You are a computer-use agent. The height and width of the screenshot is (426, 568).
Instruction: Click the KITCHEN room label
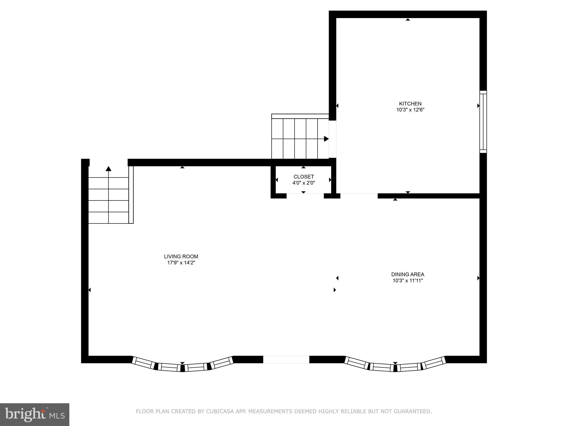coord(410,104)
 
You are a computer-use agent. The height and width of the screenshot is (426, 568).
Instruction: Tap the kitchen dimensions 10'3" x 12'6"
coord(410,110)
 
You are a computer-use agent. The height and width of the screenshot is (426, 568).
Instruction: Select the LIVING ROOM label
coord(181,257)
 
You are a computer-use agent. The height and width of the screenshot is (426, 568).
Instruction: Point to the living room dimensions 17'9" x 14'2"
coord(181,263)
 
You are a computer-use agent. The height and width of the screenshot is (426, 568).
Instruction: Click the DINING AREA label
coord(408,274)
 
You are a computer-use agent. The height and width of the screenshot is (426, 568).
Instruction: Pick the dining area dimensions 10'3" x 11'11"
coord(408,280)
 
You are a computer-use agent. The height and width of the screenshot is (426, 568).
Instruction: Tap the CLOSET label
coord(304,177)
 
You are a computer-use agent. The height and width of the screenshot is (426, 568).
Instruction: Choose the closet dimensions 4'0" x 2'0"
coord(304,183)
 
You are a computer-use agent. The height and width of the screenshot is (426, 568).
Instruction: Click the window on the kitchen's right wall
coord(483,122)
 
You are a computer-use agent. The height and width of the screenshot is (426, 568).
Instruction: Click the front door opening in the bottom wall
coord(286,359)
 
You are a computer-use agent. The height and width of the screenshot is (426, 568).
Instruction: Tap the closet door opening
coord(305,196)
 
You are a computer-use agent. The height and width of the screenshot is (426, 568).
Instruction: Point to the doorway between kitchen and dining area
coord(359,196)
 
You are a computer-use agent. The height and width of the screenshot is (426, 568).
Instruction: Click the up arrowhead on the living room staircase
coord(108,169)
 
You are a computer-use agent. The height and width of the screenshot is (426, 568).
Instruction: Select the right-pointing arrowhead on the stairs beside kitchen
coord(326,139)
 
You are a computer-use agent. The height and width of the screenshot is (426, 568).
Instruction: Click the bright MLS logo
coord(35,415)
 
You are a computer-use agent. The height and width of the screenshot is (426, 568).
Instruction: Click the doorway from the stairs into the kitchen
coord(333,139)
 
